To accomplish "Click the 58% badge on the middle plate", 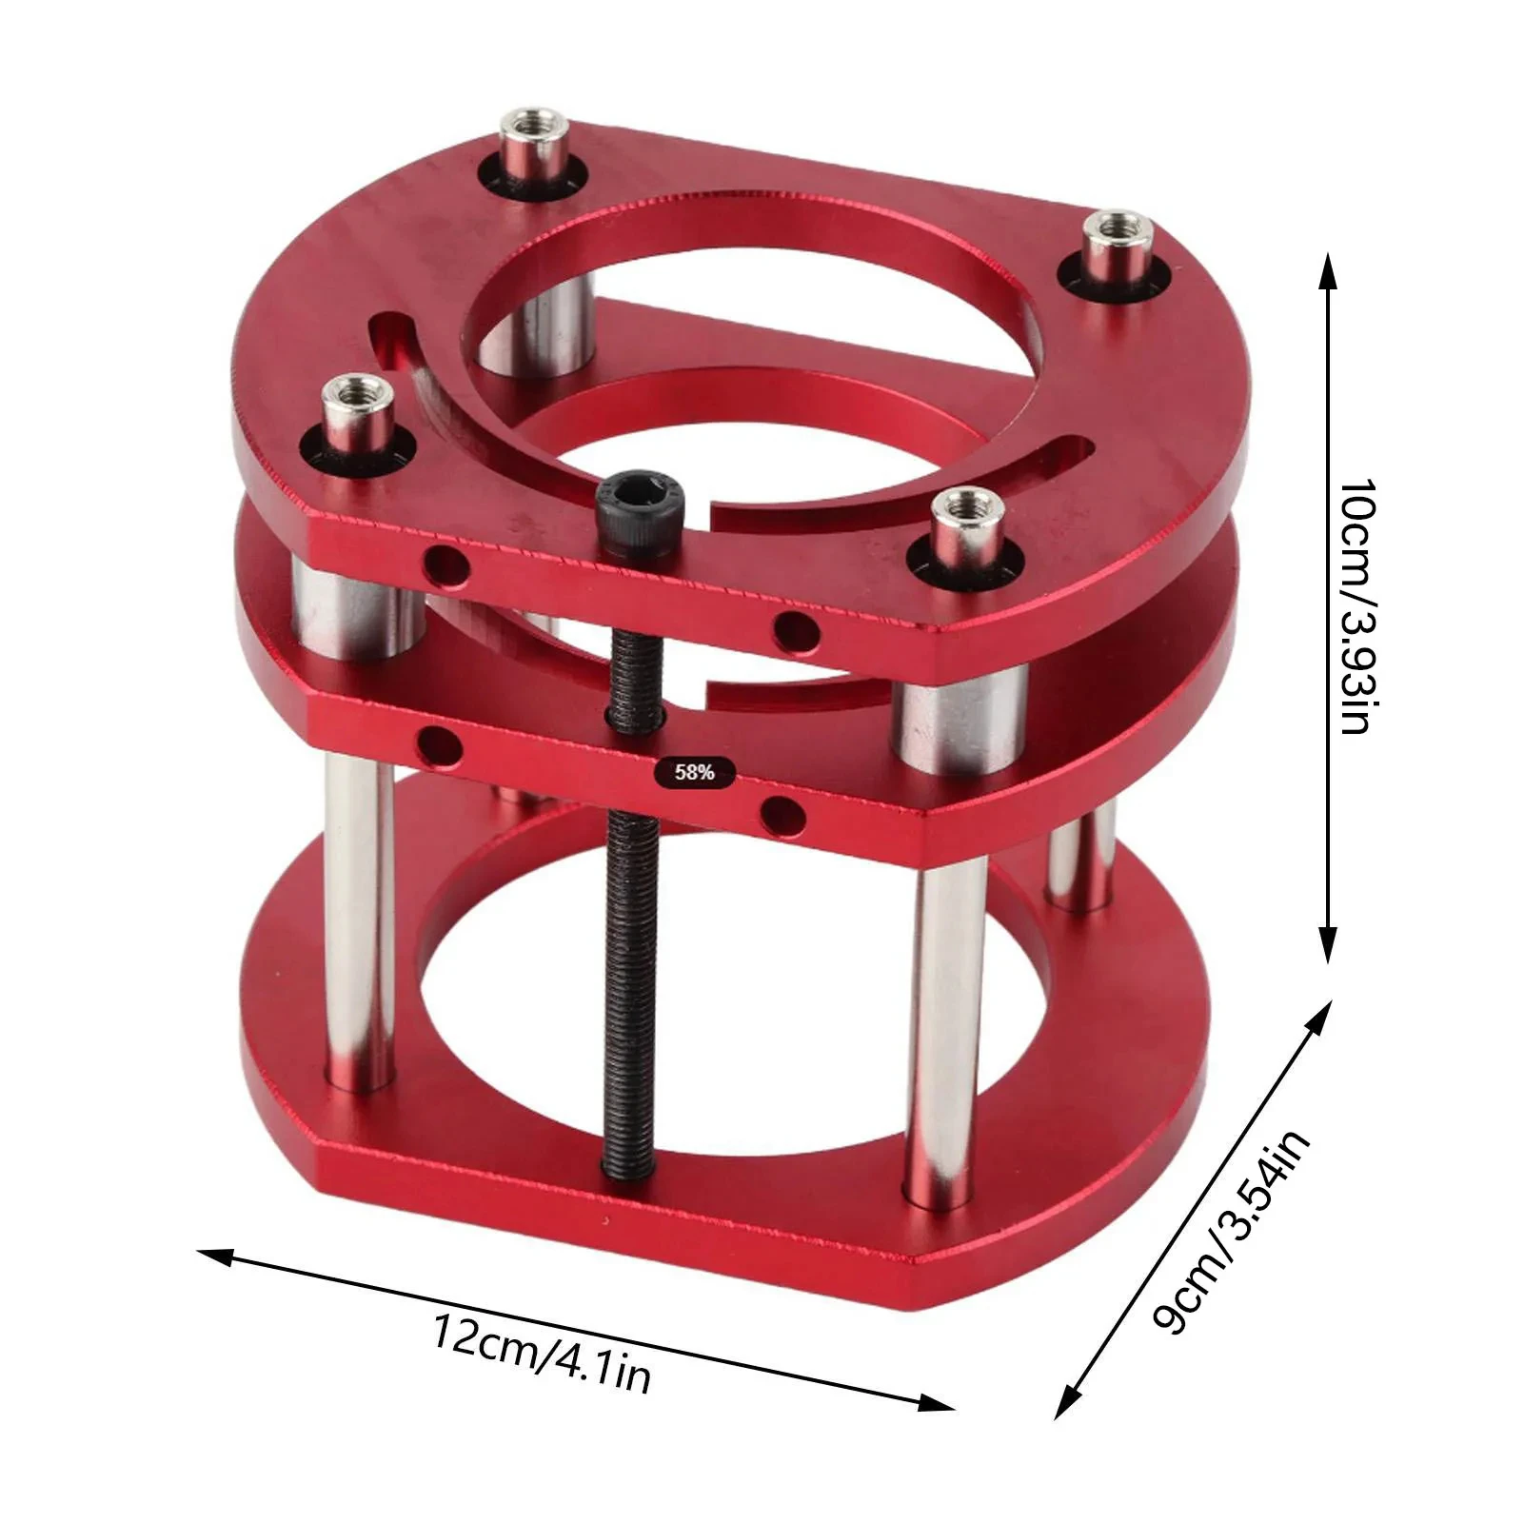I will coord(695,772).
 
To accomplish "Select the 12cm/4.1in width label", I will coord(543,1353).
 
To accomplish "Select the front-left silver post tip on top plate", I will coord(351,390).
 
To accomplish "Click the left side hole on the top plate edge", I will coord(445,568).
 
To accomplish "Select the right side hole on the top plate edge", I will coord(796,630).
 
